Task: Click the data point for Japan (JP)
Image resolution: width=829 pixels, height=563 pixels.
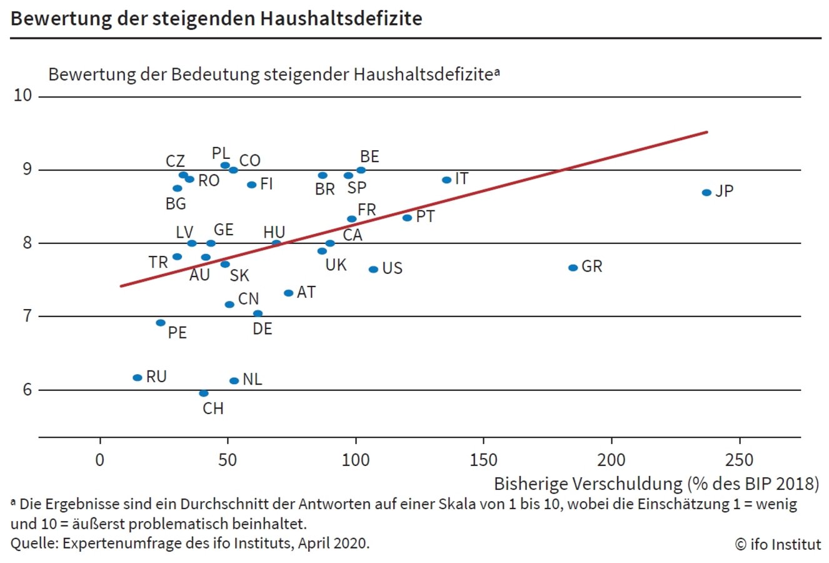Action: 706,193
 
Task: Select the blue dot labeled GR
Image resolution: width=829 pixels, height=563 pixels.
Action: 573,268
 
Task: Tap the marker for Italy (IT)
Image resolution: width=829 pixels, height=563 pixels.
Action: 446,180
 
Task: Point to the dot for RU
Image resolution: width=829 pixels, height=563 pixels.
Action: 138,378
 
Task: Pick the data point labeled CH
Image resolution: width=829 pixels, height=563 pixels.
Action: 204,393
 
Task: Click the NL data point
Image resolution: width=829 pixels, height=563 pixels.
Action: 234,381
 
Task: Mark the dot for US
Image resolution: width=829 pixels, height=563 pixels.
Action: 373,270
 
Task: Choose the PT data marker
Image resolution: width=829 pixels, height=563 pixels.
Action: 407,218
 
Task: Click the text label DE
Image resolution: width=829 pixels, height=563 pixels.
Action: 263,329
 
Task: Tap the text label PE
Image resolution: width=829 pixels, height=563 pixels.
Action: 178,333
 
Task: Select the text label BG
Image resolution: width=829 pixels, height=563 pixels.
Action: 176,204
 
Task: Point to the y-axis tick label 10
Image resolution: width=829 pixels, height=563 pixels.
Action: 23,96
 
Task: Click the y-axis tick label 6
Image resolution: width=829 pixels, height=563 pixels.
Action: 27,390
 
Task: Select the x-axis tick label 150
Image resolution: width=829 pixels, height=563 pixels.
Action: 483,460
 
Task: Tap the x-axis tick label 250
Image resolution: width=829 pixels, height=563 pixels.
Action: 739,460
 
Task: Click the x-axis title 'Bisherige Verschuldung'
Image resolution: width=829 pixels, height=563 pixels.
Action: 588,484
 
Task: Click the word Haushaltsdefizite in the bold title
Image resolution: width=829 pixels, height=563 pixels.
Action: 340,18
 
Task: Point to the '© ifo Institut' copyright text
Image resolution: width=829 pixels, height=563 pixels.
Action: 778,544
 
